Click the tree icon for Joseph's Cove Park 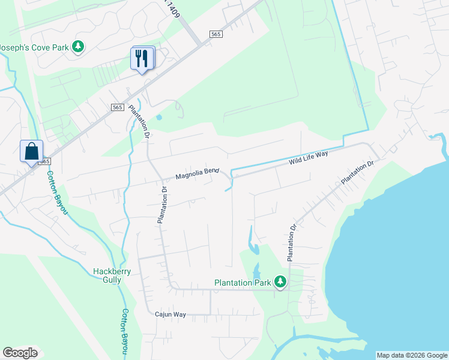[77, 46]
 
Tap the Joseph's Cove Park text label [35, 46]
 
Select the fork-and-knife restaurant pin [142, 59]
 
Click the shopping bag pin [31, 151]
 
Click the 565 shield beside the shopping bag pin [43, 161]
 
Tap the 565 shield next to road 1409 [216, 34]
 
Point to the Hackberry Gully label [112, 275]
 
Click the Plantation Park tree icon [280, 281]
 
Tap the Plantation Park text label [244, 283]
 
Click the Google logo [20, 353]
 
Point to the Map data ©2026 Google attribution [412, 355]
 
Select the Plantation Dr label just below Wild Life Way [358, 172]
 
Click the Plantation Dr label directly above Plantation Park [292, 242]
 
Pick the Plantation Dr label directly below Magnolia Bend [162, 205]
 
